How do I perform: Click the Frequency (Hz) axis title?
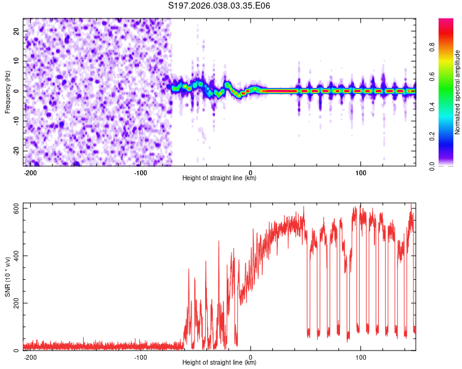pos(7,92)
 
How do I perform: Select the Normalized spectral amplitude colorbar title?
pos(457,92)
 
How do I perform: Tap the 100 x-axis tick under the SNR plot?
pos(360,356)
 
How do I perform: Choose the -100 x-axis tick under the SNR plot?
pos(140,356)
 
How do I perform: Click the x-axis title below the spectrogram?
pos(219,178)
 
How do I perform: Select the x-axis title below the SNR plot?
pos(219,363)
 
